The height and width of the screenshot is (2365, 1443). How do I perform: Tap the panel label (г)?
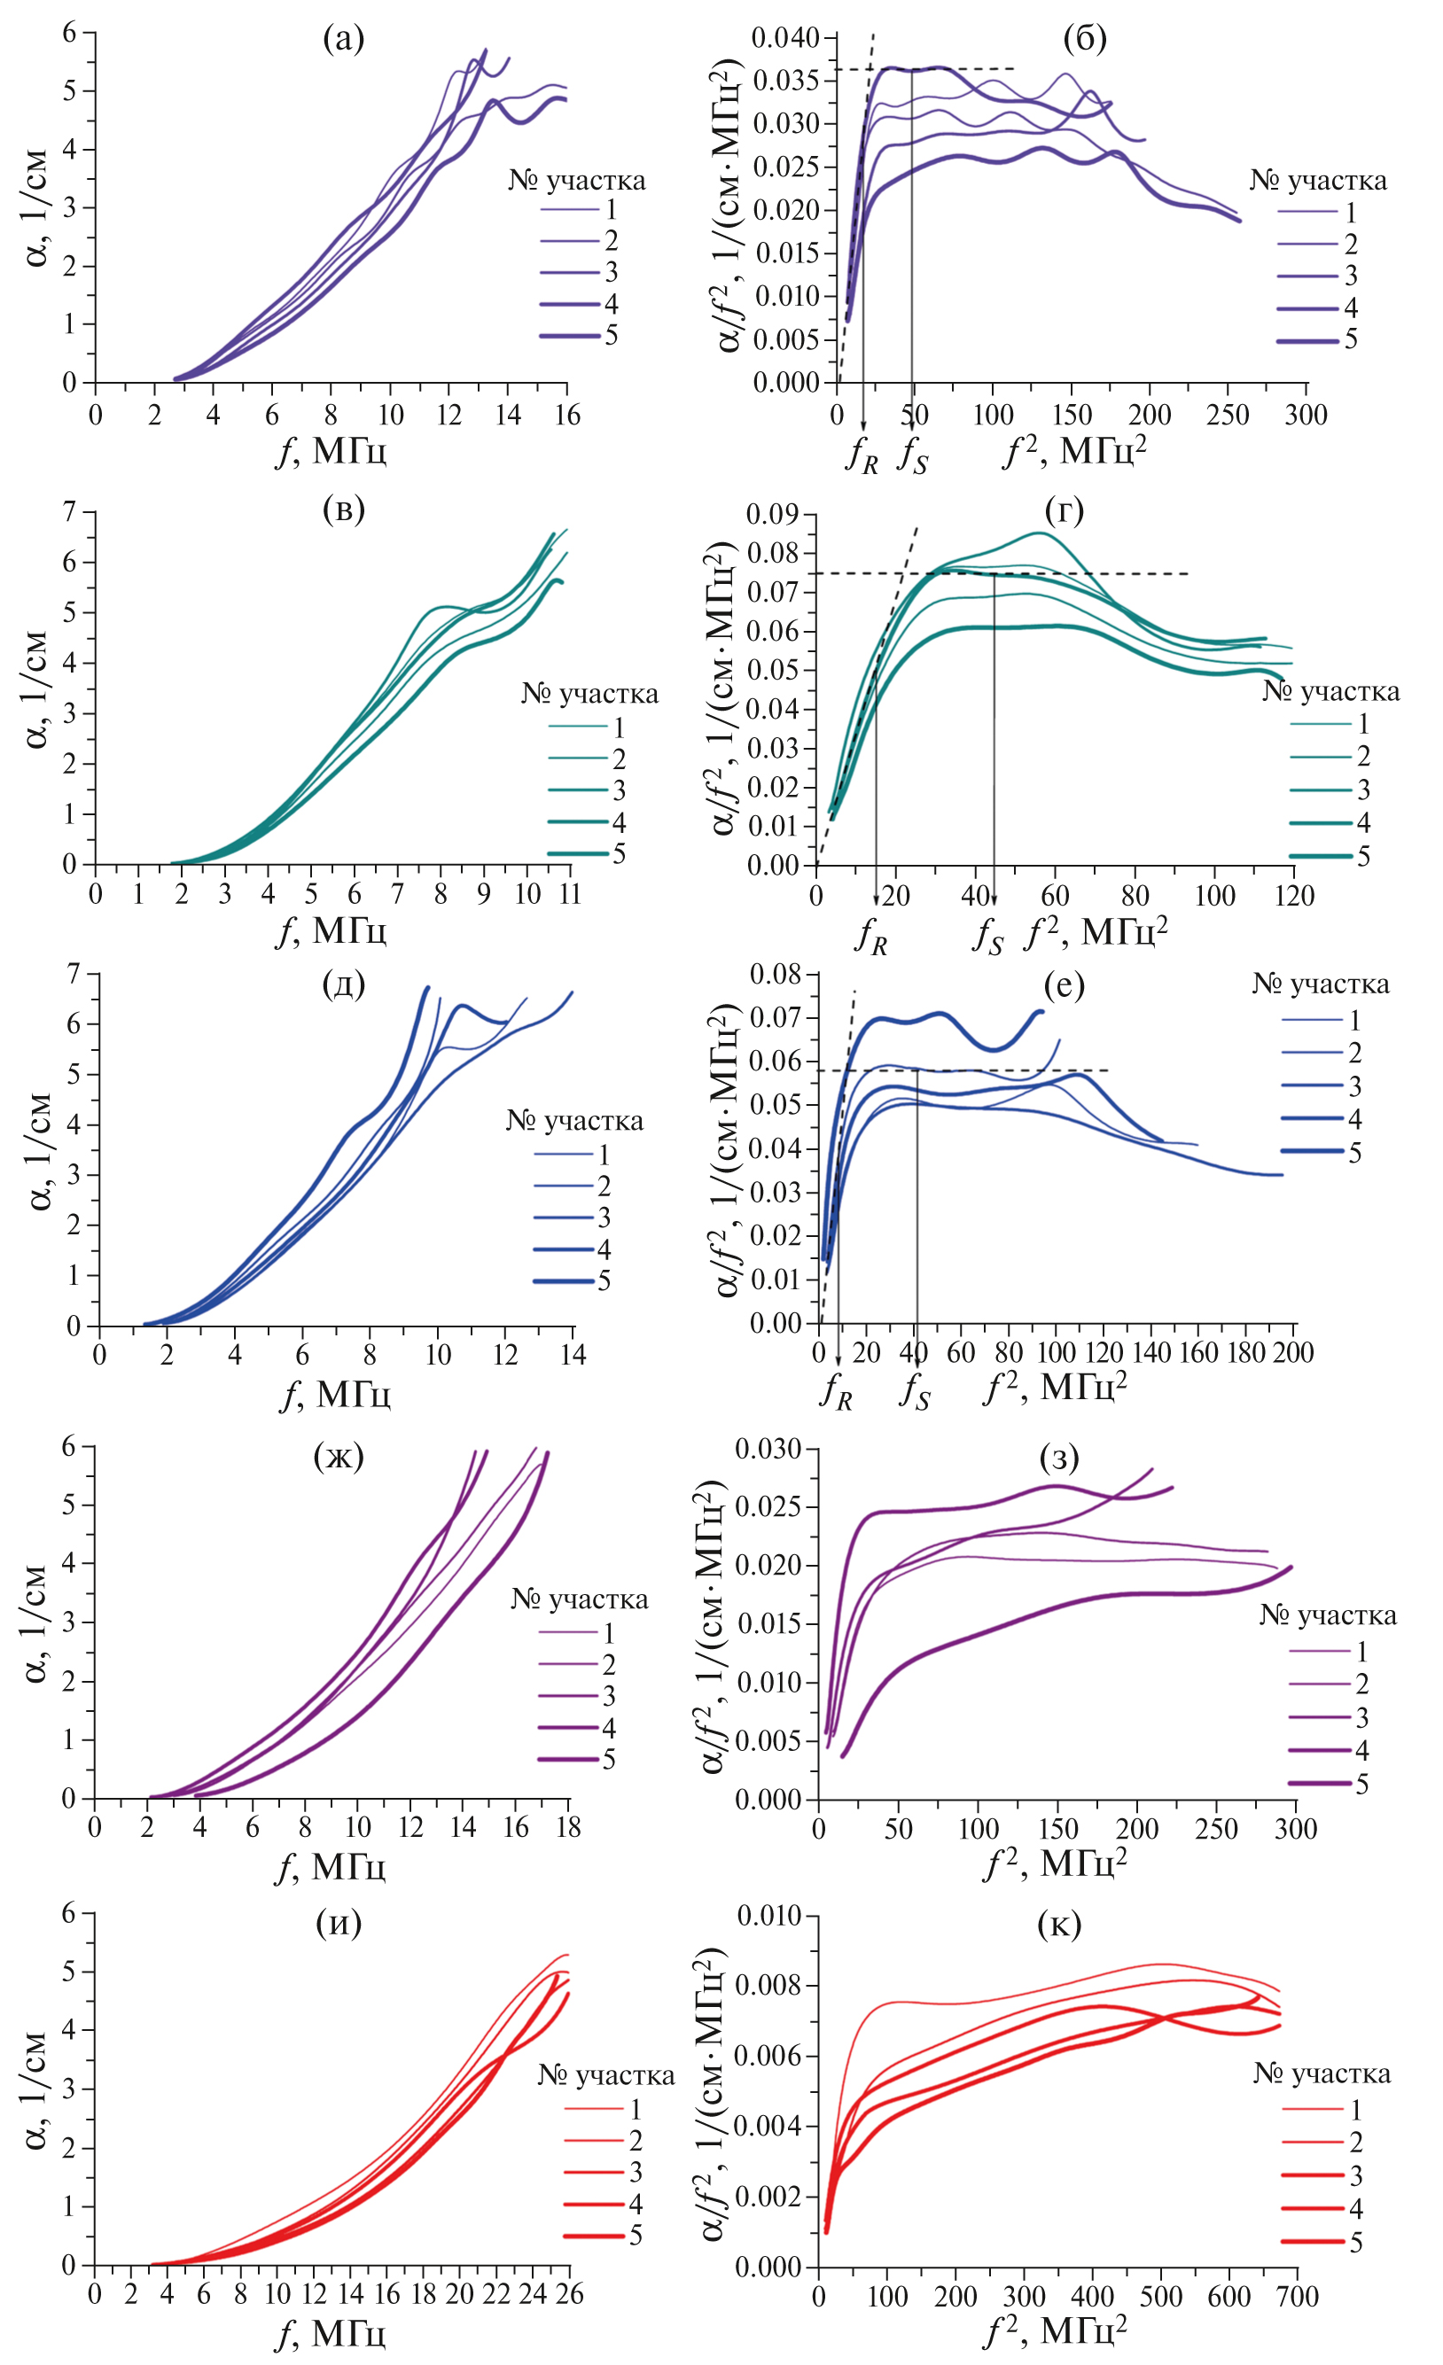point(1064,510)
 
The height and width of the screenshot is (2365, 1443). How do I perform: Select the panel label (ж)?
point(339,1456)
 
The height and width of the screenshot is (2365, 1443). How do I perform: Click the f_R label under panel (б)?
point(862,454)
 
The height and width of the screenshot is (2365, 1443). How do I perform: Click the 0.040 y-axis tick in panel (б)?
point(785,37)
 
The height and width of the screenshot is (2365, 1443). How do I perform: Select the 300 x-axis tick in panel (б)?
point(1306,415)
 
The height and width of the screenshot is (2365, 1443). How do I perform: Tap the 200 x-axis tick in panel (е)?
point(1293,1352)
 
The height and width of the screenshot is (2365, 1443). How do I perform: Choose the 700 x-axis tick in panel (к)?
point(1297,2297)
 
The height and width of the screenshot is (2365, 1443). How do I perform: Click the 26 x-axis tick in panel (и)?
point(570,2295)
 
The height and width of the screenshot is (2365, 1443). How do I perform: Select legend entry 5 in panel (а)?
point(611,335)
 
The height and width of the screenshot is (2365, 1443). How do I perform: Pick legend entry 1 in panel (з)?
point(1361,1652)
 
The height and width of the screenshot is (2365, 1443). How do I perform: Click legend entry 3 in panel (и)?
point(635,2172)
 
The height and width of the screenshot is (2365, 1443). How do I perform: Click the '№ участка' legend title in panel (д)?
point(574,1121)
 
